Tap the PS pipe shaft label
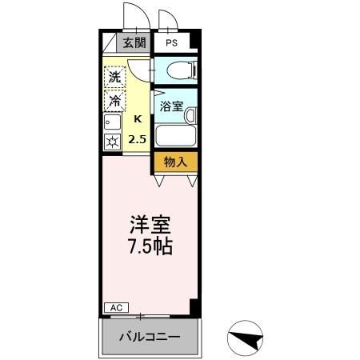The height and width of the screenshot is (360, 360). pos(172,43)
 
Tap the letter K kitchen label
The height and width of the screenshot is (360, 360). pos(138,119)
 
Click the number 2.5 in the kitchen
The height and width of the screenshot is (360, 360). pos(138,138)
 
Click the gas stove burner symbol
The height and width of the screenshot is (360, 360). pos(112,142)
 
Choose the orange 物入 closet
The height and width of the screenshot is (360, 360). pos(174,161)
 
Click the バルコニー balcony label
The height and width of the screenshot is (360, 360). pos(150,336)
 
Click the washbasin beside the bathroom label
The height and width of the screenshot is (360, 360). pos(190,115)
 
